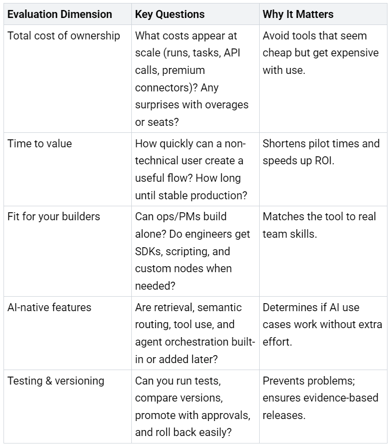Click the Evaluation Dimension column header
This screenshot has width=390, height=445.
click(x=59, y=14)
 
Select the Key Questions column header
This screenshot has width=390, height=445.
click(x=170, y=14)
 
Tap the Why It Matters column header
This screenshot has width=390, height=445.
click(x=298, y=14)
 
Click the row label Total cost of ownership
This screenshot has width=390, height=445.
click(x=63, y=36)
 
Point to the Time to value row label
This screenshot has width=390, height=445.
click(x=39, y=144)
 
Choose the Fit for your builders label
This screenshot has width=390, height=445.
click(x=53, y=217)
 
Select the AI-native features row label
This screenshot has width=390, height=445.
click(x=49, y=307)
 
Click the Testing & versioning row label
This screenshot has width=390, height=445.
click(x=55, y=381)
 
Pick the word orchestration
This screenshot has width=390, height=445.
click(x=192, y=342)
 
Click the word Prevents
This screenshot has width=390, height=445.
click(x=284, y=381)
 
